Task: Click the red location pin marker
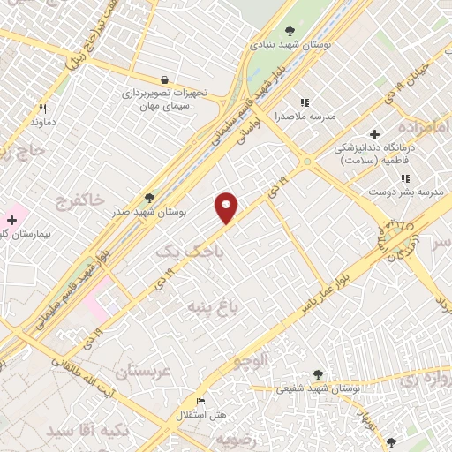[x=227, y=207]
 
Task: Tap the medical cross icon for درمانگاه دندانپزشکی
[x=375, y=135]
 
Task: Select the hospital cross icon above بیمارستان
[x=11, y=219]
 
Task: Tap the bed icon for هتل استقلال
[x=200, y=401]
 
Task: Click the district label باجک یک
[x=185, y=253]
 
